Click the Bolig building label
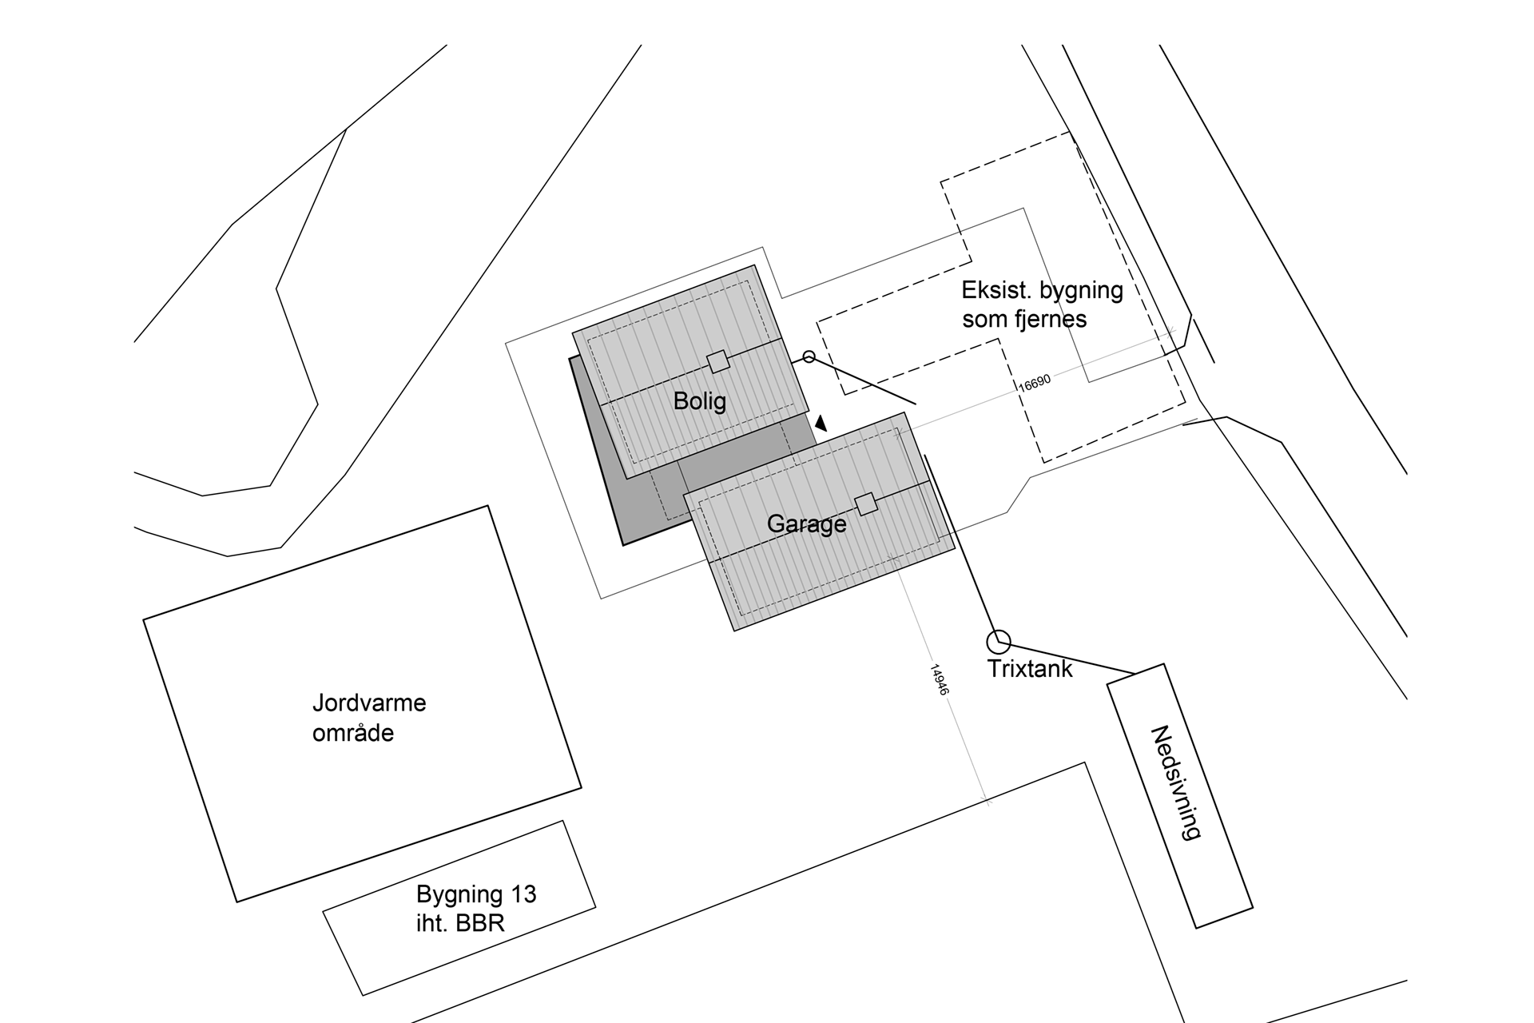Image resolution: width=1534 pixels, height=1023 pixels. tap(700, 400)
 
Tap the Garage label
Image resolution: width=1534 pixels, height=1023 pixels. tap(806, 524)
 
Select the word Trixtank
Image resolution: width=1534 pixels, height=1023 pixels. tap(1030, 669)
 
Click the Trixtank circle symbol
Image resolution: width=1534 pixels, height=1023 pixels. tap(999, 641)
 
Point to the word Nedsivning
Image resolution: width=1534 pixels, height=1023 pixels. tap(1175, 782)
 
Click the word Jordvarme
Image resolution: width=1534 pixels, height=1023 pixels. tap(369, 703)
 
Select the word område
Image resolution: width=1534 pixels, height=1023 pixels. tap(353, 734)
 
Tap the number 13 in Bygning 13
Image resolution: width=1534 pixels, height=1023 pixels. tap(523, 894)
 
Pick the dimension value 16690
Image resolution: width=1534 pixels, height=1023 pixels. tap(1035, 383)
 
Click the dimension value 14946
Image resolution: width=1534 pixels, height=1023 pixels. tap(939, 679)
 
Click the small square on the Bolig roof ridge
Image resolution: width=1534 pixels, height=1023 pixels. tap(718, 362)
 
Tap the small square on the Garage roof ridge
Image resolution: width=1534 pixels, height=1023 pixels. tap(866, 504)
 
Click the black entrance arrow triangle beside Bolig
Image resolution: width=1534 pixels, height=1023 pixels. tap(821, 423)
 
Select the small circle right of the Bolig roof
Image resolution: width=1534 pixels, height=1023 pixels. tap(809, 356)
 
